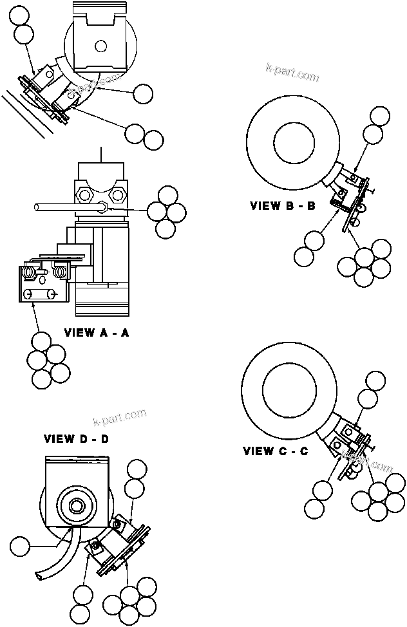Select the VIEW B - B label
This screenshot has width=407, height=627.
point(283,207)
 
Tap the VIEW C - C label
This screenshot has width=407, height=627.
point(276,451)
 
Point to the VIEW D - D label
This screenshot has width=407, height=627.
point(76,439)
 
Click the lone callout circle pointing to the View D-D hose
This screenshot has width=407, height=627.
point(20,547)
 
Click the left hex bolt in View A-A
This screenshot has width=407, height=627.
point(84,193)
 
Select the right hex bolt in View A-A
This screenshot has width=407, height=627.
point(117,193)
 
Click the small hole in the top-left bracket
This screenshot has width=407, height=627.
point(99,46)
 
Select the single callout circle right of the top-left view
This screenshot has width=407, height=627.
point(142,93)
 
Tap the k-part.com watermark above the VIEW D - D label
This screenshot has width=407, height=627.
point(120,418)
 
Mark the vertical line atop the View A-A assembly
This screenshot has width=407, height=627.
point(101,154)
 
